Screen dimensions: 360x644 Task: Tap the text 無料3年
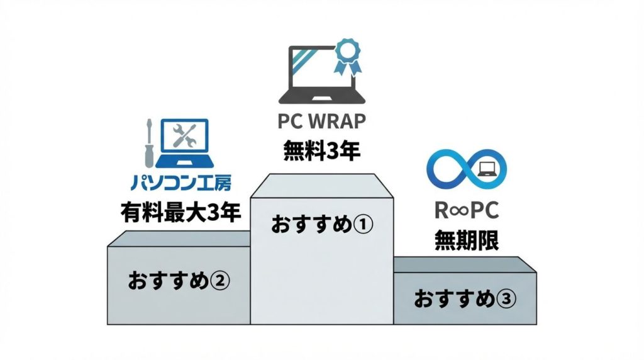click(x=321, y=150)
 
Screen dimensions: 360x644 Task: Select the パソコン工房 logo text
click(x=181, y=183)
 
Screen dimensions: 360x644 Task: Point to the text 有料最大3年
click(x=181, y=213)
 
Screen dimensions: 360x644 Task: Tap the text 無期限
click(x=466, y=240)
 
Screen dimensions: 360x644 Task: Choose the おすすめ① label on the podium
click(x=322, y=225)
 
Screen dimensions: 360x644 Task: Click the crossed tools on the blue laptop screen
click(x=186, y=136)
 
